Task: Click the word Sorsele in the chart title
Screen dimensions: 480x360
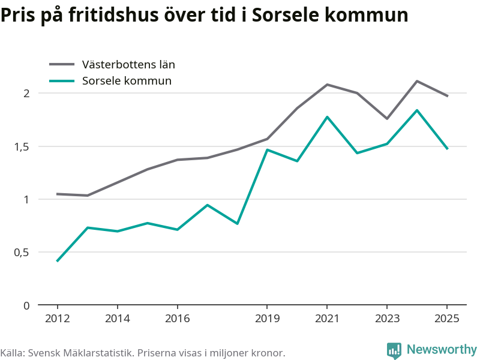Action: [286, 14]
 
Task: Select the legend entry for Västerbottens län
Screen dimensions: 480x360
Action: [112, 64]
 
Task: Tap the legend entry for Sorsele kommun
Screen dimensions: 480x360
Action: [110, 81]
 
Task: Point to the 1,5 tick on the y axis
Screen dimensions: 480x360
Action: [22, 147]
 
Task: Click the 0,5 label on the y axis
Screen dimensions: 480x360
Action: [22, 253]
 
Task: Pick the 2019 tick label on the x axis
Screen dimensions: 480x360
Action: [267, 319]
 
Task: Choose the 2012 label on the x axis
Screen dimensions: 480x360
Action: [57, 319]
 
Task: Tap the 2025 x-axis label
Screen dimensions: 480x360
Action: [447, 319]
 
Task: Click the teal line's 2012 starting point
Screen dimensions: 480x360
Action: [57, 261]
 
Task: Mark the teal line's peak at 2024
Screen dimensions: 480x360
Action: [417, 110]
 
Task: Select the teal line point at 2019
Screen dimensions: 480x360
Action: [267, 149]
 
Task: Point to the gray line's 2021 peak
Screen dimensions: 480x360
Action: [327, 85]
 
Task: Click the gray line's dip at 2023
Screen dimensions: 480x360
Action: [387, 118]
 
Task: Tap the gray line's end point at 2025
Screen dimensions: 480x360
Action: [447, 96]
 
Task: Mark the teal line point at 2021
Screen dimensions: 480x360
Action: [327, 117]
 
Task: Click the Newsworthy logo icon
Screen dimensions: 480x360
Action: [394, 350]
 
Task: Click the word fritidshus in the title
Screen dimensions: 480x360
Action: [113, 14]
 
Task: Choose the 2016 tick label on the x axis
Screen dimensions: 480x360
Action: [177, 319]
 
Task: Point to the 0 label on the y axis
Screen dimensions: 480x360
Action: [26, 305]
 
